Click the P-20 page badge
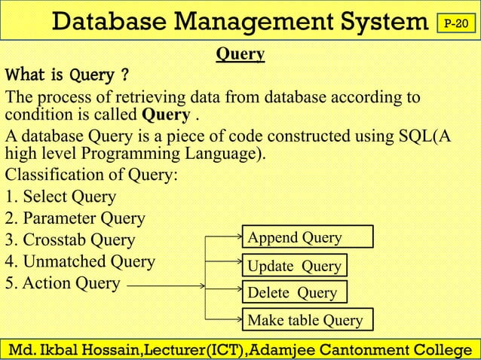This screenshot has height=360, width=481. pos(456,24)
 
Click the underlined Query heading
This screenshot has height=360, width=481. pos(240,54)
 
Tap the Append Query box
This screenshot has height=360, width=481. pos(307,238)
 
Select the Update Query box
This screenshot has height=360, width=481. pos(295,266)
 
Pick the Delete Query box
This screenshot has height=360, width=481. pos(293,292)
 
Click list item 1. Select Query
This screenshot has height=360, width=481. pos(61,197)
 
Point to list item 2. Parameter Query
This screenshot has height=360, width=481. pos(75,218)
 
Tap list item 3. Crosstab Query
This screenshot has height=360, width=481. pos(70,240)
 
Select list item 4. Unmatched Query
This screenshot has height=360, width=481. pos(80,262)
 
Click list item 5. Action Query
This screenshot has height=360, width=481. pos(63,283)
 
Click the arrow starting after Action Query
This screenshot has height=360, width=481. pos(166,285)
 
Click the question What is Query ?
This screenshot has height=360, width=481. pos(66,76)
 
